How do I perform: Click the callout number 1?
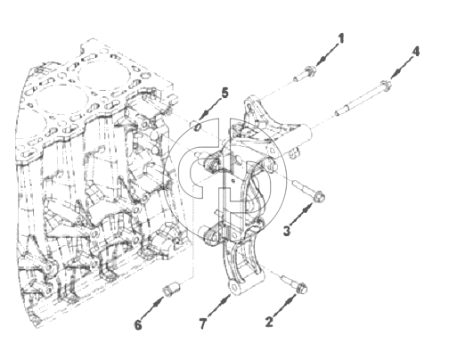341,38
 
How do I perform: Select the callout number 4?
415,52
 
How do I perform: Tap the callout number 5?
224,94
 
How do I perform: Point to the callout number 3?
287,231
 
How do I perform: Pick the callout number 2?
269,322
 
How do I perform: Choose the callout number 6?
138,325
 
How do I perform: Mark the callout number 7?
202,323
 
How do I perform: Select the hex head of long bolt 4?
386,84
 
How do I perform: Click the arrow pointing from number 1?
328,54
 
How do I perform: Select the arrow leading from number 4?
402,68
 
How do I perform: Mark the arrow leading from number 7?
219,306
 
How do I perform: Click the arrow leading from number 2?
284,306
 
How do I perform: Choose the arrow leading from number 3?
301,214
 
